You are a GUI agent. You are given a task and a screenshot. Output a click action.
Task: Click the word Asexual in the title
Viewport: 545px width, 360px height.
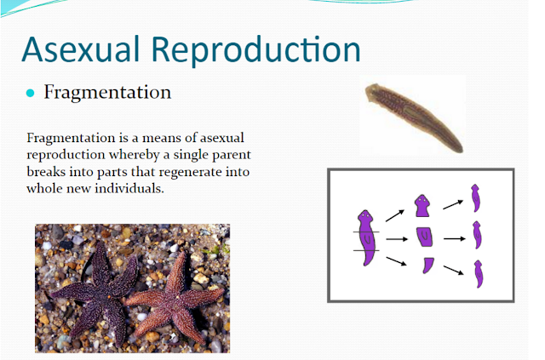point(81,49)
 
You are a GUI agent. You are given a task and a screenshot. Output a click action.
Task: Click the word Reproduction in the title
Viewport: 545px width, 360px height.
point(256,51)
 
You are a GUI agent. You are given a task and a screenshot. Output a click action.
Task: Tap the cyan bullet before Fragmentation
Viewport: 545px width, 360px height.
point(31,93)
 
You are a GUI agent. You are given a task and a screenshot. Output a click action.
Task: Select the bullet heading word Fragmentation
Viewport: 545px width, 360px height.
point(107,93)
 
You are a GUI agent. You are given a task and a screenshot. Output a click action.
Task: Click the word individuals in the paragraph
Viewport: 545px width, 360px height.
point(129,188)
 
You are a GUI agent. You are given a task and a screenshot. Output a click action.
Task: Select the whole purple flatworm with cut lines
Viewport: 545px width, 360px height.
point(366,237)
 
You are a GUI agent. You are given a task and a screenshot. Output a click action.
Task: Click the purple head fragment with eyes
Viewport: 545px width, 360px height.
point(422,206)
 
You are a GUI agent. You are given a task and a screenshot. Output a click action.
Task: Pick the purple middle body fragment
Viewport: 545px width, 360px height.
point(424,237)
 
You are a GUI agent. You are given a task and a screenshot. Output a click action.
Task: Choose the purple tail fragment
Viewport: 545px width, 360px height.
point(427,266)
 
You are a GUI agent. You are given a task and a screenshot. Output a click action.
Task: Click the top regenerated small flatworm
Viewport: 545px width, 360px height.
point(475,198)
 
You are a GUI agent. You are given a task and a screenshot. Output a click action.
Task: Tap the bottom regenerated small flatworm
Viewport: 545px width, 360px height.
point(479,274)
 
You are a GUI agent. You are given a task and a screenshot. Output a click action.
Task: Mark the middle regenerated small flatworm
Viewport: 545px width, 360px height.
point(477,235)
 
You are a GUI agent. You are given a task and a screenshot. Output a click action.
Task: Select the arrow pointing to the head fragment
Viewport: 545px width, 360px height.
point(395,215)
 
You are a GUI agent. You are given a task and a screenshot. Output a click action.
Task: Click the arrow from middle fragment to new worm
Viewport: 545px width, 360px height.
point(455,239)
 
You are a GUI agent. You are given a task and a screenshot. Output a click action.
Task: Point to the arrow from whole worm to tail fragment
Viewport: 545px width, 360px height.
point(396,261)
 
